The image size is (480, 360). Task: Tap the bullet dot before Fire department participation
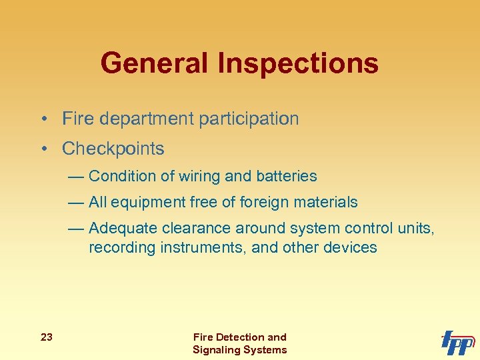[42, 119]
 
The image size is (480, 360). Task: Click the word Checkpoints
[113, 148]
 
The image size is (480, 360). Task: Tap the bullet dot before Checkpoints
[42, 149]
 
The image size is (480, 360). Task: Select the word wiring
[199, 176]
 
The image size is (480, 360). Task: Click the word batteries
[287, 176]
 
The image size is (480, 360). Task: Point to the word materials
[328, 202]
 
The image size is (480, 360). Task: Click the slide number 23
[47, 337]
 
